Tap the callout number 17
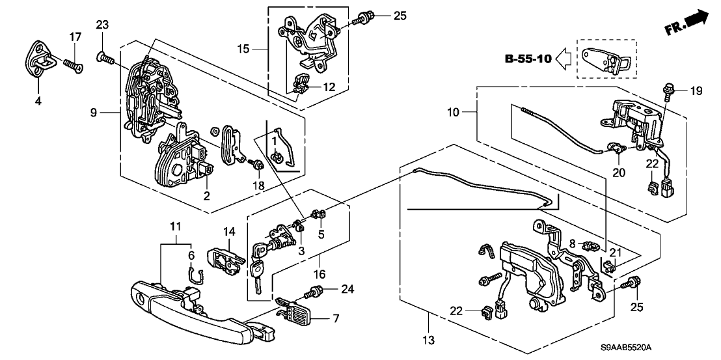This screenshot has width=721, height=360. pyautogui.click(x=75, y=36)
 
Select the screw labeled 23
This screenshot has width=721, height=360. pyautogui.click(x=104, y=59)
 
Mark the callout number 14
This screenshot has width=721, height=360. pyautogui.click(x=229, y=231)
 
